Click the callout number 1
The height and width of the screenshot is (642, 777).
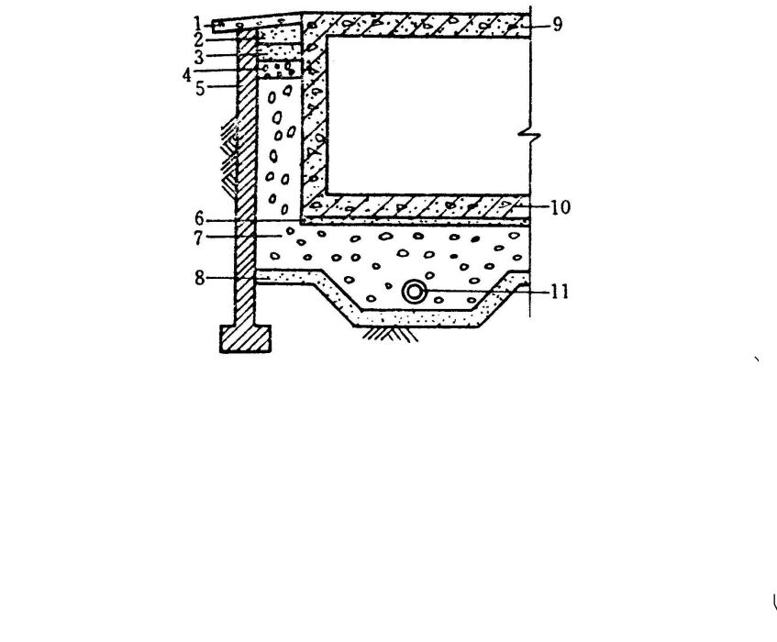pos(198,23)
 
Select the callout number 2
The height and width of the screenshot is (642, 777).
pos(199,40)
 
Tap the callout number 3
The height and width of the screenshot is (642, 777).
pos(199,58)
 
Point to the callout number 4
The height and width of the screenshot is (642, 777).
pos(187,76)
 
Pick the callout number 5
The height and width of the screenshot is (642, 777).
pos(200,89)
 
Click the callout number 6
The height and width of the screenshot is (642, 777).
pos(199,218)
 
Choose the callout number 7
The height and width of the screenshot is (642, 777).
pos(198,238)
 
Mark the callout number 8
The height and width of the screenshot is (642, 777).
pos(199,279)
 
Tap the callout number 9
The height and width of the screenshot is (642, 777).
pos(558,24)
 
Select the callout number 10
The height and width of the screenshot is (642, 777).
pos(561,207)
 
